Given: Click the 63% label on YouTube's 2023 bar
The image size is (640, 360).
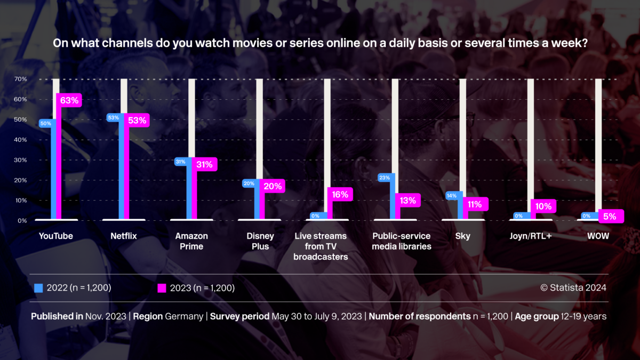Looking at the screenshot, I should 69,100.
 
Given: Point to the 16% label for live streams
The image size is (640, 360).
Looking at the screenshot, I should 340,195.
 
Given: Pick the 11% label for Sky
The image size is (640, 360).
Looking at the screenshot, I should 475,204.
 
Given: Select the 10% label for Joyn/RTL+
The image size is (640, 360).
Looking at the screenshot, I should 543,206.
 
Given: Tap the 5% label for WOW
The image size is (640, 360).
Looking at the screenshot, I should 610,217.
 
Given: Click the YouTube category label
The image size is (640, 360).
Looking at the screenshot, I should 56,236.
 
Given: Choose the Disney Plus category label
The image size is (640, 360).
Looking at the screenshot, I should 260,241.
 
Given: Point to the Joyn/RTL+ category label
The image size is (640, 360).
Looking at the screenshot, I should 530,236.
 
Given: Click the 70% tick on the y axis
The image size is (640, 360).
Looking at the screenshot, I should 21,79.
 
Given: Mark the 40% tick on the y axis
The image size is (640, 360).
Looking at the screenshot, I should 21,140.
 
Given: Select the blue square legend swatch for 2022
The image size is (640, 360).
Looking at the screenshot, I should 38,288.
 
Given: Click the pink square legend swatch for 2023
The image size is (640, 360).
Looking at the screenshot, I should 162,288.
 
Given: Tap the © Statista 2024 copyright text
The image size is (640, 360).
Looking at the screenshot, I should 573,288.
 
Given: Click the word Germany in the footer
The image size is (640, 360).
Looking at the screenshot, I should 185,316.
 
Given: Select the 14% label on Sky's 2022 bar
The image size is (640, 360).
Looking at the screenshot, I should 451,196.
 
